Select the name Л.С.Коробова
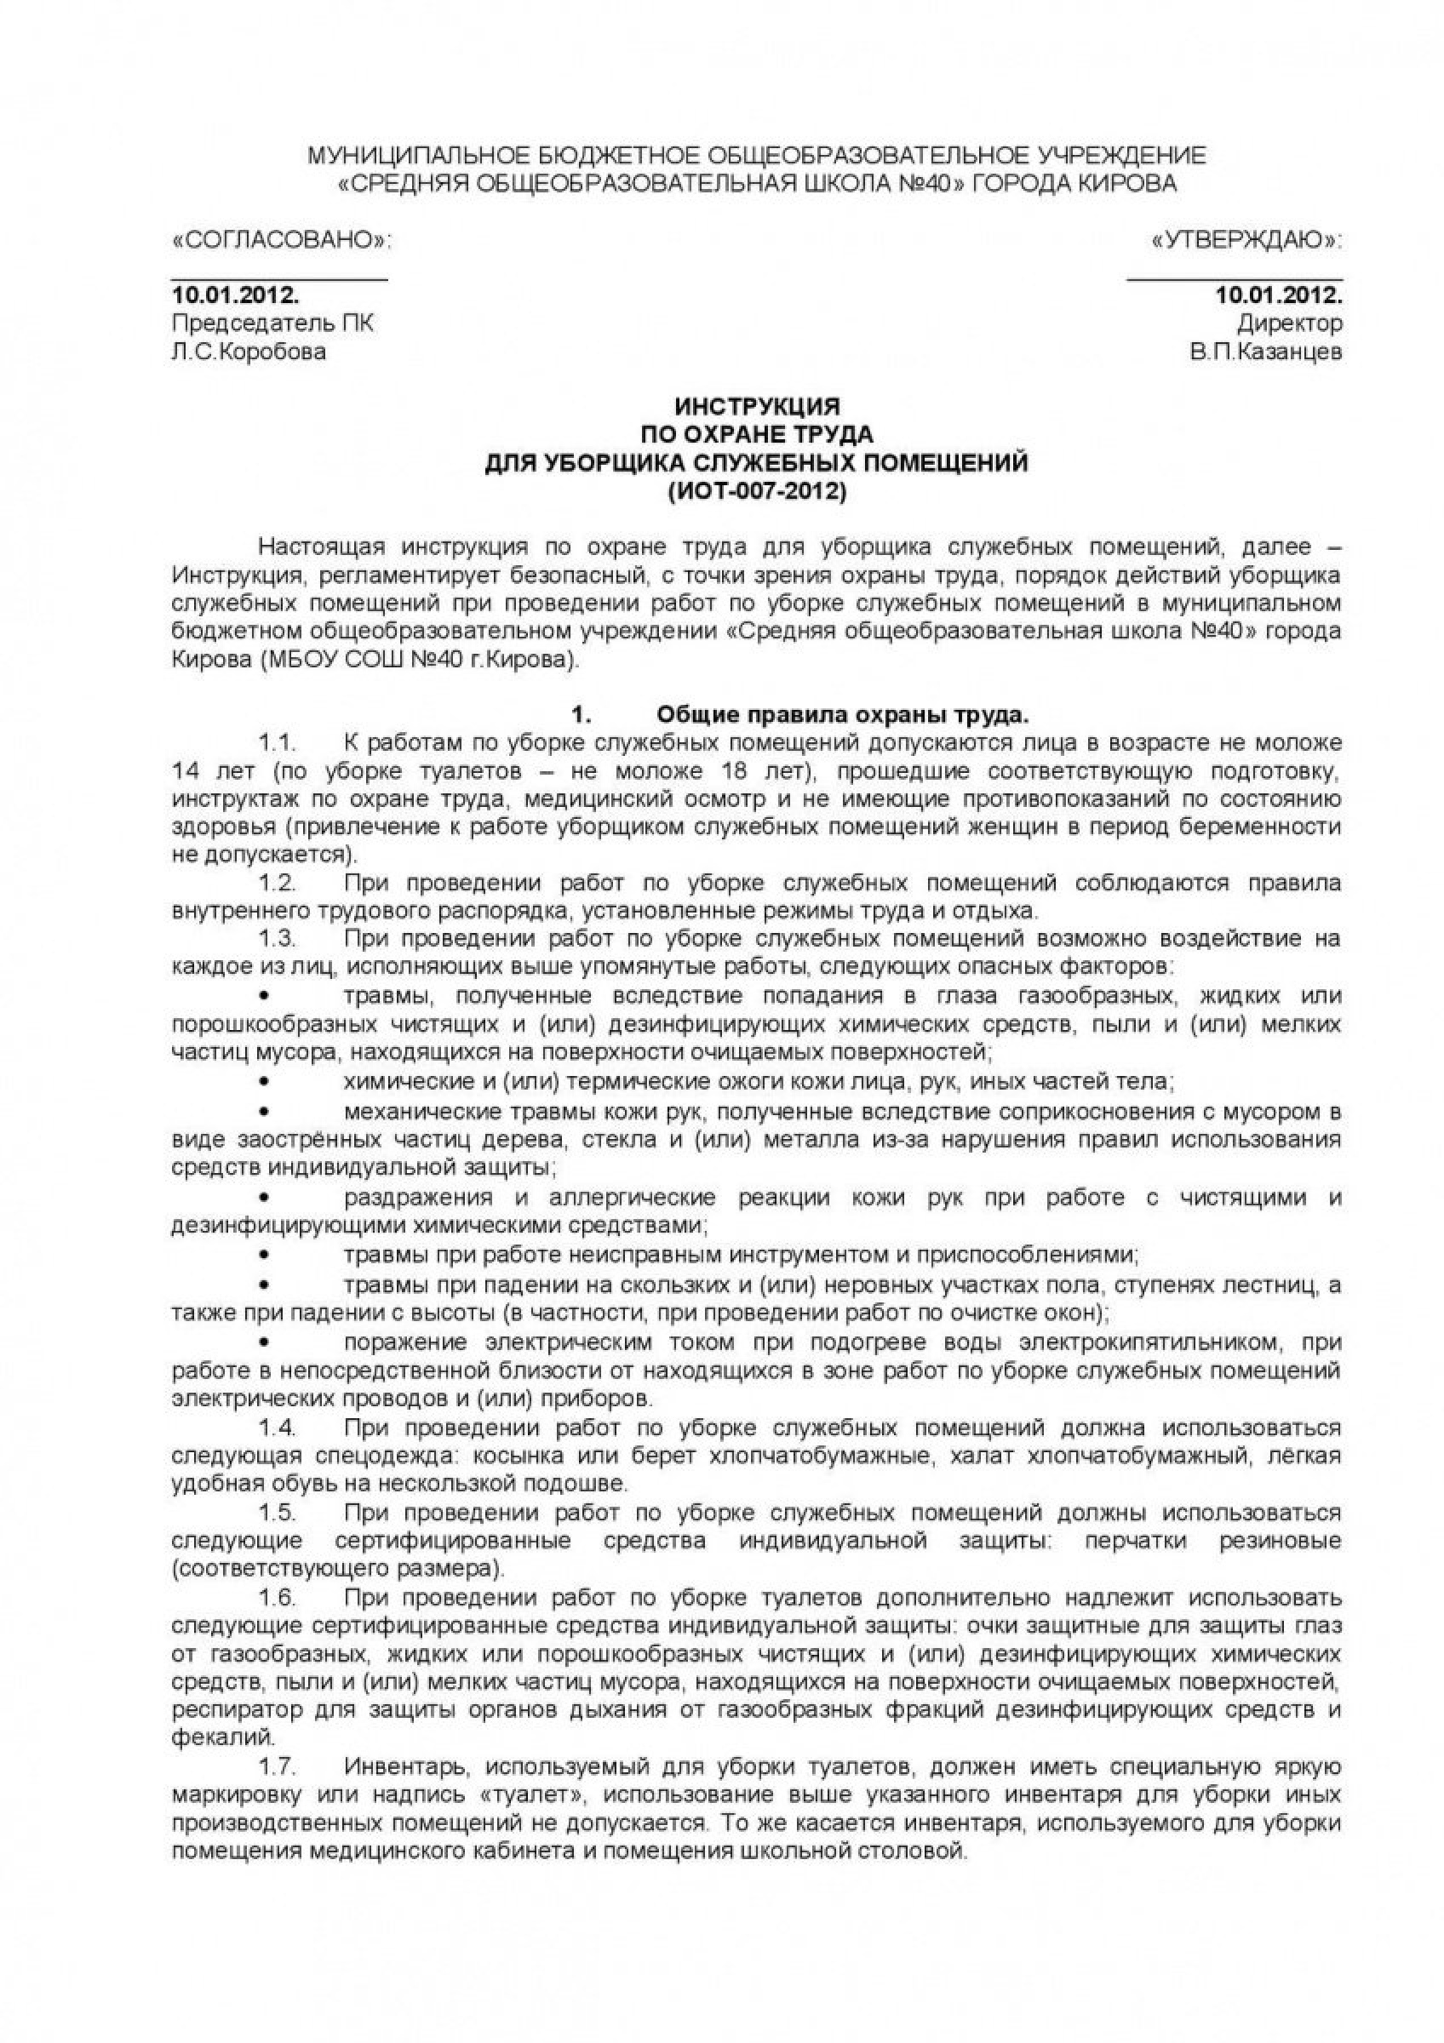pyautogui.click(x=249, y=352)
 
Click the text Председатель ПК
pyautogui.click(x=272, y=323)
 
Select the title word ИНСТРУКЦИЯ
pyautogui.click(x=757, y=407)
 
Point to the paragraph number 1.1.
pyautogui.click(x=276, y=742)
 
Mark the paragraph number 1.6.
pyautogui.click(x=276, y=1596)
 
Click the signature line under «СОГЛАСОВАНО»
pyautogui.click(x=279, y=279)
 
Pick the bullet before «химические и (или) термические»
pyautogui.click(x=263, y=1083)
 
